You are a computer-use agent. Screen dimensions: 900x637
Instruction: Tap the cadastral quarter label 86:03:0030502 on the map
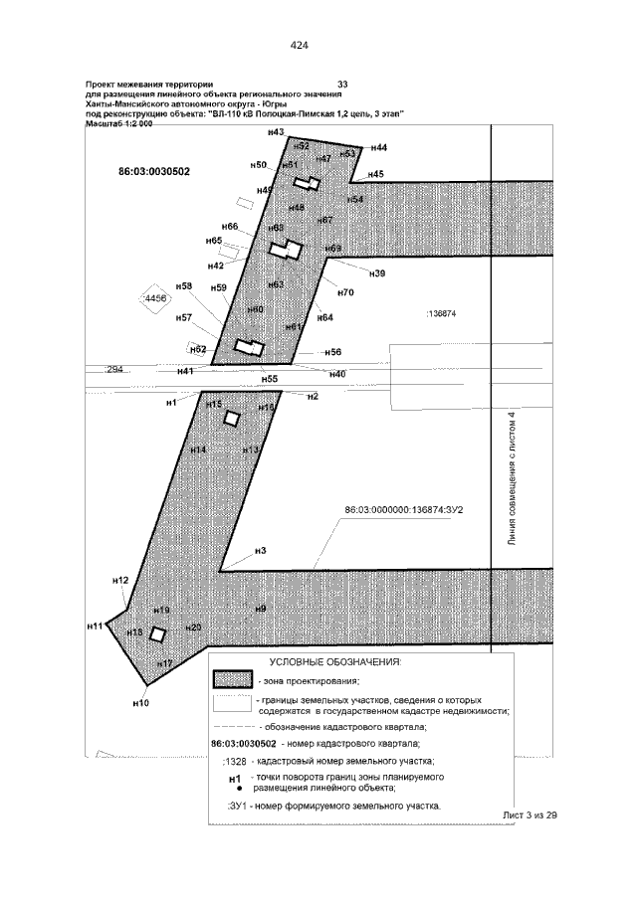(154, 171)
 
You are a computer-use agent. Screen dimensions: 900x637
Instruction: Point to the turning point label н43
(277, 132)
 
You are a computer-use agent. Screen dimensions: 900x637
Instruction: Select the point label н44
(378, 147)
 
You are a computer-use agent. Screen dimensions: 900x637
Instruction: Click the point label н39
(376, 273)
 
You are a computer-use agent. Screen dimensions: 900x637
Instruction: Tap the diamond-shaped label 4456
(154, 298)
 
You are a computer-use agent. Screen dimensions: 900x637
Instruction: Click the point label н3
(261, 550)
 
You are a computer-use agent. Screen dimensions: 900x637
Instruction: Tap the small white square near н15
(232, 419)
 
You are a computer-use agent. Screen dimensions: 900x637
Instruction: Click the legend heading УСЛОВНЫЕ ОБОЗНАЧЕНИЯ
(334, 661)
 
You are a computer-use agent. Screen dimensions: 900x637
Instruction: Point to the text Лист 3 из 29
(530, 814)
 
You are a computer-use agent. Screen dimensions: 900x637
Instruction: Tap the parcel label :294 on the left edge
(113, 369)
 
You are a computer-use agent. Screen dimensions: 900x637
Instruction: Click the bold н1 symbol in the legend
(235, 779)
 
